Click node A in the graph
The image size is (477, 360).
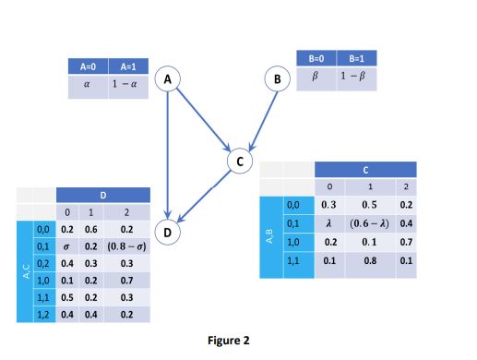(167, 81)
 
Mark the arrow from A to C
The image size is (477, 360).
(201, 118)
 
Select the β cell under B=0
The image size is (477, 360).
(315, 75)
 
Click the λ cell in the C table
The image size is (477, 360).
(329, 222)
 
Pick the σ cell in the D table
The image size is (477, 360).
(66, 247)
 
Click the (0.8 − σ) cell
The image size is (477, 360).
(126, 247)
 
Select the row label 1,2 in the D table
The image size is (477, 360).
(44, 315)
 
